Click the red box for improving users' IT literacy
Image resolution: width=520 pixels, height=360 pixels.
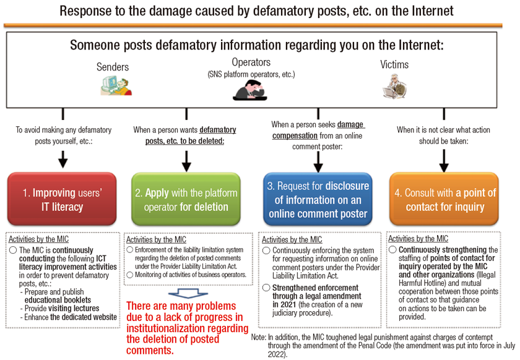coord(62,200)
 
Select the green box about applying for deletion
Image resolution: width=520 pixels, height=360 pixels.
coord(186,200)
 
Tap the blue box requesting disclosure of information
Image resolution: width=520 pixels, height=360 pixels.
coord(318,200)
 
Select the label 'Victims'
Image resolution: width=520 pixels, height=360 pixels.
coord(395,65)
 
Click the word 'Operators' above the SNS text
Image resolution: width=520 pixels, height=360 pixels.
coord(251,62)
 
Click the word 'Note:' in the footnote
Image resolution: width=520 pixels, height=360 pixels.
coord(259,338)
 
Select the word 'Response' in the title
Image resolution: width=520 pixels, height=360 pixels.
coord(86,11)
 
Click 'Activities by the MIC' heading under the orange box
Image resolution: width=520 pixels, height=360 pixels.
coord(418,238)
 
